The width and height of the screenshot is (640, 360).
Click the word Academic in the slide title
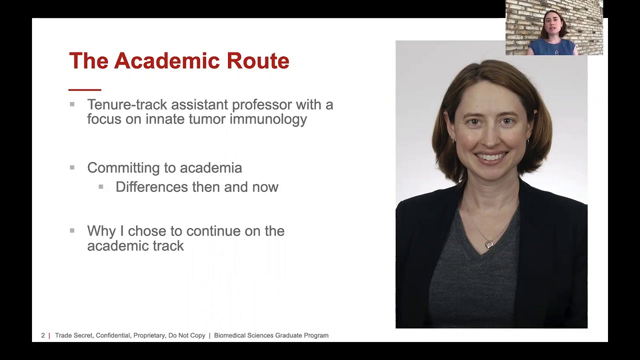coord(167,61)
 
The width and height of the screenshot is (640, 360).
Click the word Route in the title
coord(258,61)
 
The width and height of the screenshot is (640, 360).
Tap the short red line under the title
coord(84,90)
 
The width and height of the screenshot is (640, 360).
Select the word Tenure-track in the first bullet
coord(127,104)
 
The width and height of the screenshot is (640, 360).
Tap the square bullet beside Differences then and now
coord(101,186)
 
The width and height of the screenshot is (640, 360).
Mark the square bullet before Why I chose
coord(72,230)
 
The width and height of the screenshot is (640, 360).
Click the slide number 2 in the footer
coord(43,335)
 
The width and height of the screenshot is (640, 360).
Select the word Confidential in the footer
coord(113,335)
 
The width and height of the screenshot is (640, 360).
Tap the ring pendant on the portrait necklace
coord(489,244)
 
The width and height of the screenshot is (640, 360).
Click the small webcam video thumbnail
coord(554,27)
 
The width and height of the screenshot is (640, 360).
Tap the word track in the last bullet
coord(168,245)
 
